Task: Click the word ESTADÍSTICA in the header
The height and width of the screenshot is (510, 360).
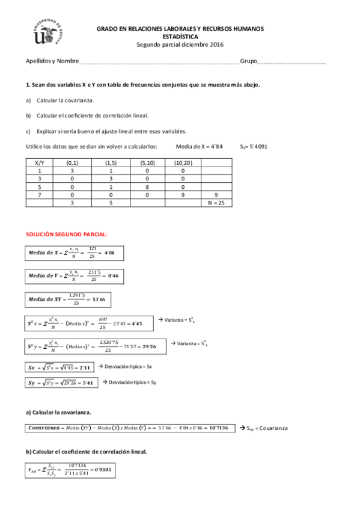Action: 180,36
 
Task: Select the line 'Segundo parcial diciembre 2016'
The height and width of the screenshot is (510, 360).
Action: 180,44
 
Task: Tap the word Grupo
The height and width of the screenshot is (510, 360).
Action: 248,61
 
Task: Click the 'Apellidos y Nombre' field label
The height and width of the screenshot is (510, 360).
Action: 52,61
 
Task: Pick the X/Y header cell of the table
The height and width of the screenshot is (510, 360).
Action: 40,162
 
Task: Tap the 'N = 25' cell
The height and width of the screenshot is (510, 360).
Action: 216,203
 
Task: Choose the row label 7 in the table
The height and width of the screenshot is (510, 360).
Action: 40,195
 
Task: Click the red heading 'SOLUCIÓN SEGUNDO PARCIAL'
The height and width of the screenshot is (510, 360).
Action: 66,233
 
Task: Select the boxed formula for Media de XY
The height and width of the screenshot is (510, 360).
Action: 68,299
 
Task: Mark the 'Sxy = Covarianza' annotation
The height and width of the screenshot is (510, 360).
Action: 264,428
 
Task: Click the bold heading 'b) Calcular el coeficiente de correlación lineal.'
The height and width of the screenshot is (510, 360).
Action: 86,452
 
